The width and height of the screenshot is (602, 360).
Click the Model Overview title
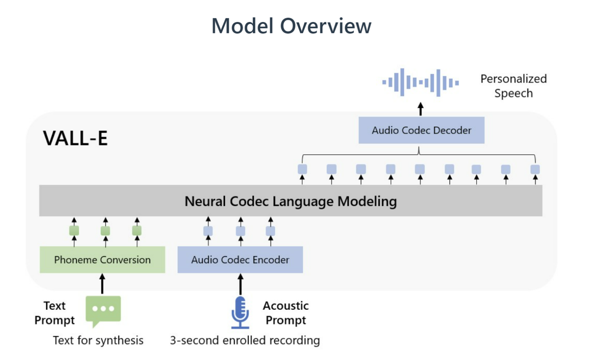pyautogui.click(x=291, y=26)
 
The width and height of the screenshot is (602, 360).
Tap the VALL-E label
pyautogui.click(x=75, y=138)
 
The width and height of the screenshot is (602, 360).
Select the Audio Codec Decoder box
pyautogui.click(x=421, y=130)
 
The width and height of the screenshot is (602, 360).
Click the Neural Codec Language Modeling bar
pyautogui.click(x=291, y=201)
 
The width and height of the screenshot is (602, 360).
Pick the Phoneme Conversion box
pyautogui.click(x=102, y=260)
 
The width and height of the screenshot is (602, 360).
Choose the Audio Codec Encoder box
pyautogui.click(x=240, y=260)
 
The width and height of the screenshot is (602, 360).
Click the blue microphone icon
pyautogui.click(x=240, y=313)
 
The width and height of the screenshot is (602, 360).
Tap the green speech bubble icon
pyautogui.click(x=103, y=311)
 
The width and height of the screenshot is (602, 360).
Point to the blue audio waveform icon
pyautogui.click(x=421, y=83)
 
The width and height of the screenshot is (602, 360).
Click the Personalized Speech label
pyautogui.click(x=513, y=86)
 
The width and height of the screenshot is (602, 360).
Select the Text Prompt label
pyautogui.click(x=54, y=313)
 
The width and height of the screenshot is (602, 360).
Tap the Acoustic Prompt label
pyautogui.click(x=286, y=313)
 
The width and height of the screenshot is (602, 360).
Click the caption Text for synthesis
pyautogui.click(x=98, y=340)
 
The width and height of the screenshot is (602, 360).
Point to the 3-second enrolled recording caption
pyautogui.click(x=245, y=340)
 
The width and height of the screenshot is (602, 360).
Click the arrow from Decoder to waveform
pyautogui.click(x=421, y=109)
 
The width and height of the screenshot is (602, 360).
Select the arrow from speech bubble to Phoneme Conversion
pyautogui.click(x=102, y=284)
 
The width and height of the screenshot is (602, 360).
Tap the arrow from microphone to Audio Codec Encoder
pyautogui.click(x=241, y=284)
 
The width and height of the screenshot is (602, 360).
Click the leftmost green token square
pyautogui.click(x=74, y=231)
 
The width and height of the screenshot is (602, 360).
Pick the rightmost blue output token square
pyautogui.click(x=535, y=170)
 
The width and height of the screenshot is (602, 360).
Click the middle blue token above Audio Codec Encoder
pyautogui.click(x=241, y=231)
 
